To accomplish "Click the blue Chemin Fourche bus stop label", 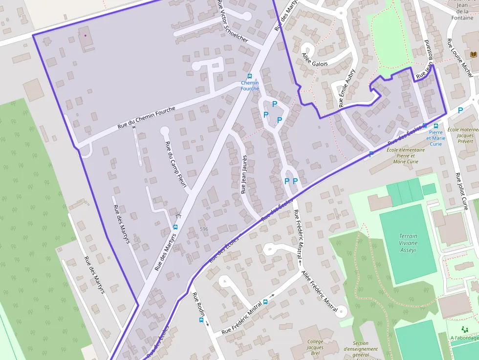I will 250,85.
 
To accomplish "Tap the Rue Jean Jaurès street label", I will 244,174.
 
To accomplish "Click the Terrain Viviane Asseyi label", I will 408,243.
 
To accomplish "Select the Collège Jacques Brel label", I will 315,346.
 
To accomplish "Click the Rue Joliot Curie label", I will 461,191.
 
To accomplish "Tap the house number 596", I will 204,229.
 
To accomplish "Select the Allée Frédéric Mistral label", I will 320,291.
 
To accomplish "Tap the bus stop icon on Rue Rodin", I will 201,320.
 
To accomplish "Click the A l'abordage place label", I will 464,338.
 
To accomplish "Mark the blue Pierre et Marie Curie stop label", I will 436,138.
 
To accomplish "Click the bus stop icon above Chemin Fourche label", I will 250,76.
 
